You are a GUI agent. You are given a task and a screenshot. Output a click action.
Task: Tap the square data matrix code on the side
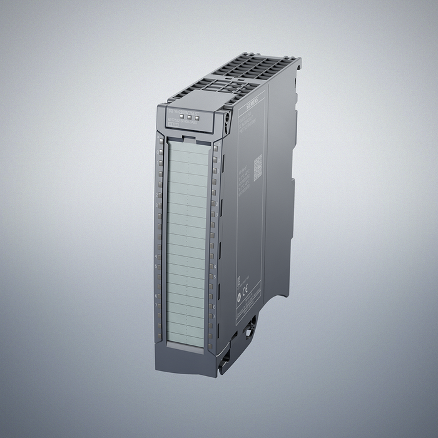tap(257, 167)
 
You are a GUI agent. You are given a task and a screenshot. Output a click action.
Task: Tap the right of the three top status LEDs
tap(195, 116)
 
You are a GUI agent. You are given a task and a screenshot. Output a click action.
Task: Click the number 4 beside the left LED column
tap(155, 256)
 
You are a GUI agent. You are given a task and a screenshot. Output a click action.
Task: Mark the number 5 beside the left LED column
tap(155, 266)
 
